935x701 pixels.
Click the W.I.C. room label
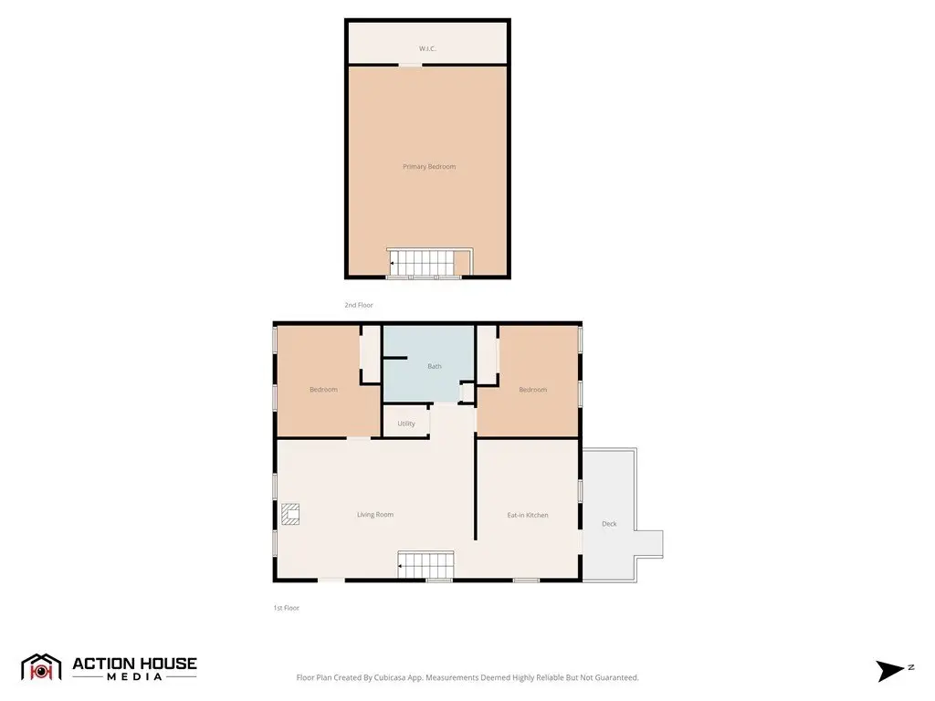427,48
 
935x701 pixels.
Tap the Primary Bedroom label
429,167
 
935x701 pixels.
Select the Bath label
434,366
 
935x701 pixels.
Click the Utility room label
406,424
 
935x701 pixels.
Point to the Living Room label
375,515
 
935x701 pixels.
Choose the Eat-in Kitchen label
528,515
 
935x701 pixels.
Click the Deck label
609,524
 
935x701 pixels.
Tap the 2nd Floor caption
358,305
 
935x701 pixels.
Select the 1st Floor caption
286,608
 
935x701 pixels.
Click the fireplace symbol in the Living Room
290,514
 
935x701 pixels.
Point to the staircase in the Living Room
425,564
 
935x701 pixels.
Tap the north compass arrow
890,671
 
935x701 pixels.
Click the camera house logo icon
41,667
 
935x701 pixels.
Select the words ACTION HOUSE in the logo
135,664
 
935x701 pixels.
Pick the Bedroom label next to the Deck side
532,390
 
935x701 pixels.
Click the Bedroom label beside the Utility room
323,390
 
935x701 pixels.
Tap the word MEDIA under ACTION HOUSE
135,677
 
